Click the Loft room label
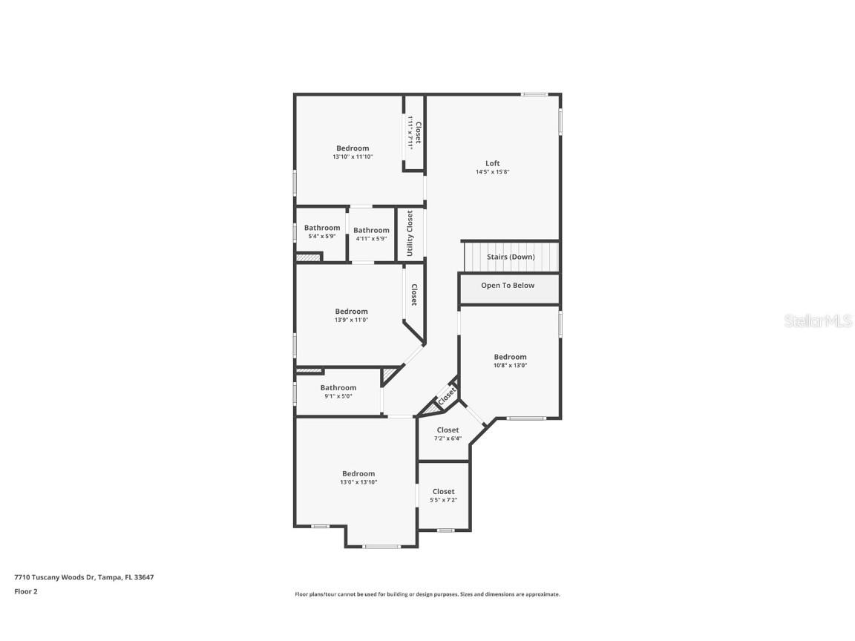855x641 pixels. [492, 163]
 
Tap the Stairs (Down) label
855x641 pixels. [511, 257]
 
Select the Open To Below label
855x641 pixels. [508, 285]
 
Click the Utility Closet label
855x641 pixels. [410, 233]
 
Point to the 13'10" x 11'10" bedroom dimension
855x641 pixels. [352, 157]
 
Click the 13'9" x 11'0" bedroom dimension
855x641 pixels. [351, 320]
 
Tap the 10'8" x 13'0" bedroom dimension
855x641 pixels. [510, 365]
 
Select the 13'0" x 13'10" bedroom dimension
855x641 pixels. [358, 482]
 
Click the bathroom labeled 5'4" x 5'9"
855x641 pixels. [322, 236]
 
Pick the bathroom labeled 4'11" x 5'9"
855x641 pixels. [371, 238]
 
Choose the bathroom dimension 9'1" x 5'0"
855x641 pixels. [338, 396]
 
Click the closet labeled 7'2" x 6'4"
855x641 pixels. [448, 438]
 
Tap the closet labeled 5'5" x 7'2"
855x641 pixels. [443, 500]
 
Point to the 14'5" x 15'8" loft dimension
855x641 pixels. [492, 172]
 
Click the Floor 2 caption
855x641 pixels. [25, 591]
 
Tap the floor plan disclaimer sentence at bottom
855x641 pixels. [427, 594]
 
